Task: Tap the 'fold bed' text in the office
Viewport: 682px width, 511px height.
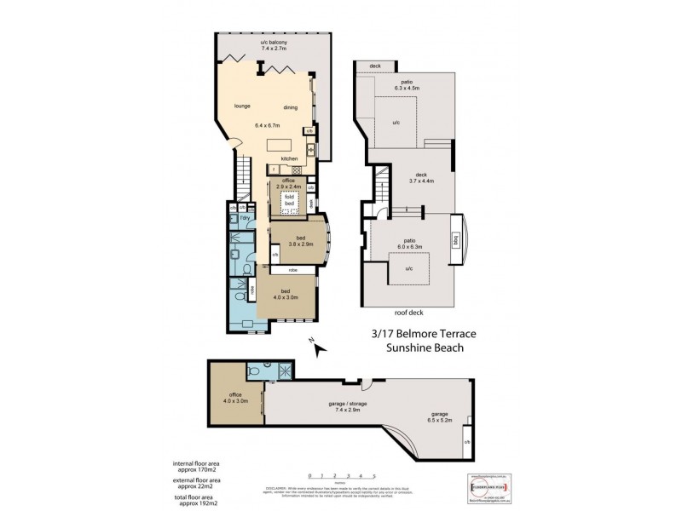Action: [290, 201]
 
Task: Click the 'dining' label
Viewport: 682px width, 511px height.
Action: [291, 107]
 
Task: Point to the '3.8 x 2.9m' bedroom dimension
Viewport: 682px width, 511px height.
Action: [300, 244]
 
